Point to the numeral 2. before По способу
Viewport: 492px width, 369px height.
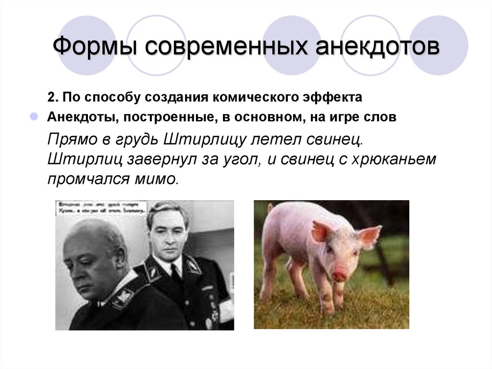pyautogui.click(x=52, y=97)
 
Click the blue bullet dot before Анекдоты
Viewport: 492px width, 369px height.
pyautogui.click(x=34, y=117)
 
